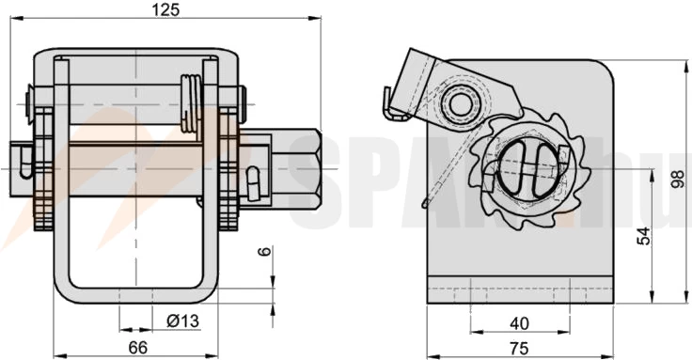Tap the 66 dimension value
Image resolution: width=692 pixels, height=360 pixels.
click(137, 348)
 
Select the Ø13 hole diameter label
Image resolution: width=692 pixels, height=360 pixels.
click(182, 321)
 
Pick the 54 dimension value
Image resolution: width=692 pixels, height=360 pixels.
click(643, 236)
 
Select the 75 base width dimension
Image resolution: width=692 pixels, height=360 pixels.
click(519, 348)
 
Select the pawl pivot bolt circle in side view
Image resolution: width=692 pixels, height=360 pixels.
click(461, 102)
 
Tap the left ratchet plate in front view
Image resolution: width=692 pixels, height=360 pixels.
click(42, 169)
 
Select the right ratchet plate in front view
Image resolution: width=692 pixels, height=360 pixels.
click(228, 169)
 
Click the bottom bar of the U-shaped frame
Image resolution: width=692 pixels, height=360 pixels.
click(136, 295)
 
